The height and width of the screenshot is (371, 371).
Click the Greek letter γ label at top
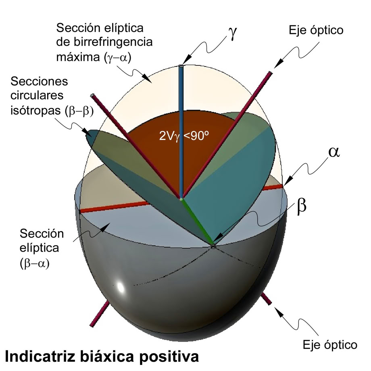(233, 34)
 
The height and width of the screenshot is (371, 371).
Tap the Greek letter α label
(333, 152)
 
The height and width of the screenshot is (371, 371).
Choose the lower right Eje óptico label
(330, 345)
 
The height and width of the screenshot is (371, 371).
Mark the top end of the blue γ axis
(181, 66)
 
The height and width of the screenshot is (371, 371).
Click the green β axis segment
(197, 222)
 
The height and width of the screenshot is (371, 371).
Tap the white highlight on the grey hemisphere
(120, 288)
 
